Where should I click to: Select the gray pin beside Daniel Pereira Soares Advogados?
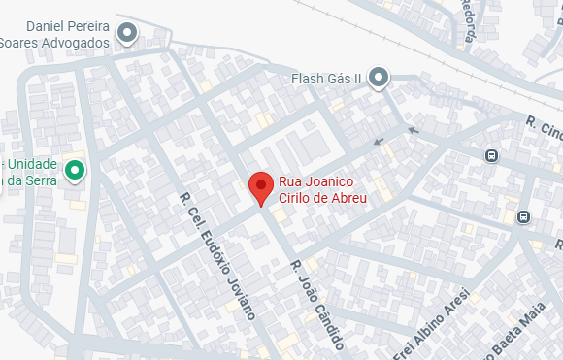click(127, 35)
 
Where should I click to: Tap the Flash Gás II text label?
click(326, 78)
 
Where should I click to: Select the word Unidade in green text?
click(33, 164)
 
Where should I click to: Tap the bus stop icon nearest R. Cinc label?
click(491, 154)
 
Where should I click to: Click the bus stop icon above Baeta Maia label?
click(524, 216)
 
